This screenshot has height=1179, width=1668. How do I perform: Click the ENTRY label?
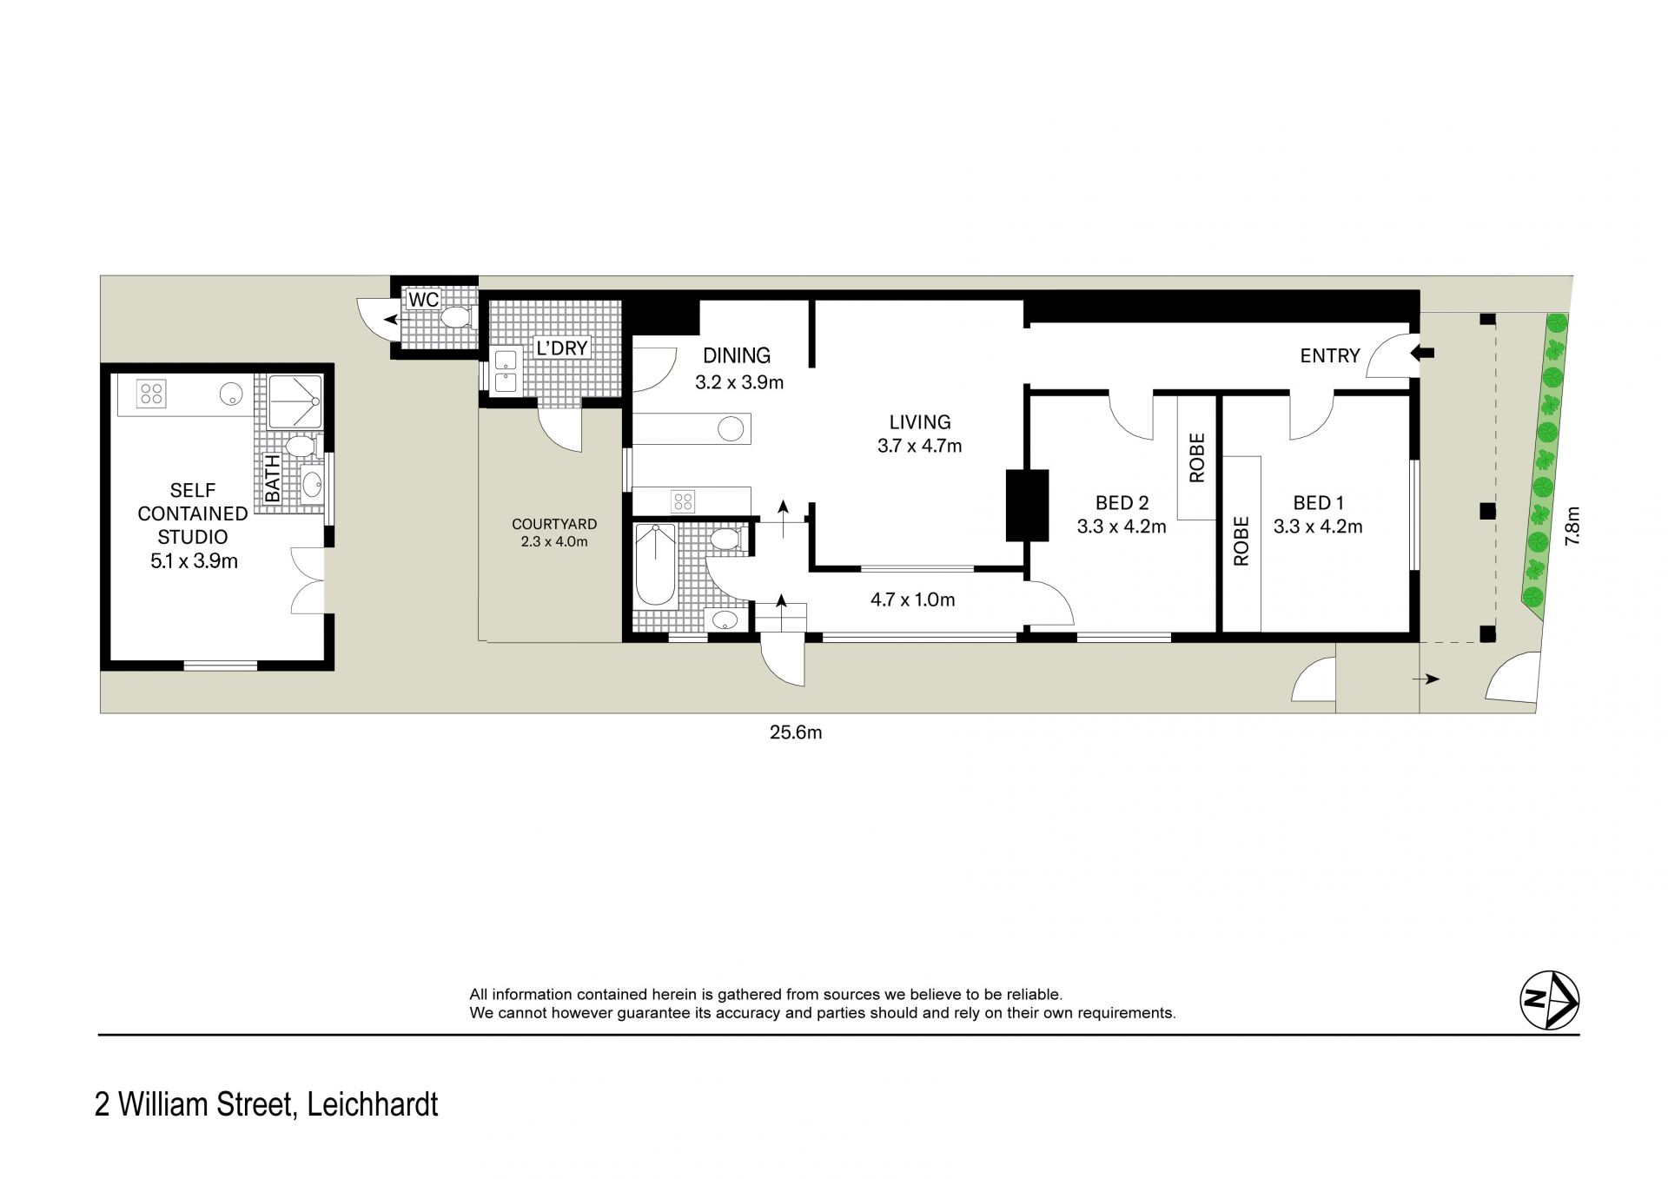coord(1330,355)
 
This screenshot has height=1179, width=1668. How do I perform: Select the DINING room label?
coord(737,355)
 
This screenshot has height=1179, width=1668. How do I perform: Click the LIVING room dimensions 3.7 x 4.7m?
coord(920,447)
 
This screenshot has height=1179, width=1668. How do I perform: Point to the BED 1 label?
coord(1318,503)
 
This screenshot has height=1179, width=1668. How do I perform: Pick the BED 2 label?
coord(1122,503)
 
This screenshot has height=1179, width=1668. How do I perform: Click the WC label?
coord(424,300)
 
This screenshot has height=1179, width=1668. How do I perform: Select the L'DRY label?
coord(562,348)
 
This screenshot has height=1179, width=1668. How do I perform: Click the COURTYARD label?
coord(554,524)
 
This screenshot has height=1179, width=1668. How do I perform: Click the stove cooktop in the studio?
coord(152,394)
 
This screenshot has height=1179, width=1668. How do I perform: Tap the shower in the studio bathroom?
coord(294,402)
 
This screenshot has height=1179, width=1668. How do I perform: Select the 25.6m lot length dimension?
coord(796,732)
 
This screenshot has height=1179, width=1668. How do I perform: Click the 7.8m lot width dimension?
coord(1572,526)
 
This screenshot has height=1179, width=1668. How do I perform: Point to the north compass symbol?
coord(1549,1001)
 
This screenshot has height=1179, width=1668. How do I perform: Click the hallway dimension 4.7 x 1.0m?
coord(912,599)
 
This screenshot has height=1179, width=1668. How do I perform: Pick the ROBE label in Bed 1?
coord(1241,541)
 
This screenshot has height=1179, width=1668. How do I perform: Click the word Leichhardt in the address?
coord(374,1104)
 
